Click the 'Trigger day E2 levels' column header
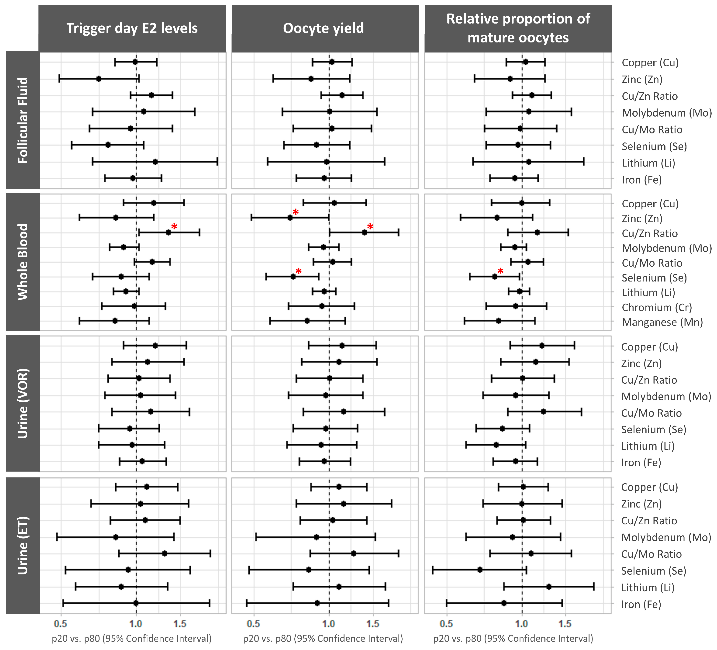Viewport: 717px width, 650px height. click(x=132, y=28)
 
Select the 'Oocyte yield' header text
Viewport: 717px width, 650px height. click(x=323, y=28)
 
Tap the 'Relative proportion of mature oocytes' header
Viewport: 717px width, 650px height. click(x=518, y=28)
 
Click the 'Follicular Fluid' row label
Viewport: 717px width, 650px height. click(x=23, y=120)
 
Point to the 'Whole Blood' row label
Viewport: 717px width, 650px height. click(x=23, y=262)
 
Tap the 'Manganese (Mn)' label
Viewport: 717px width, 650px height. click(x=662, y=322)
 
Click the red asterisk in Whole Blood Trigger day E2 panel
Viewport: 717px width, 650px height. click(x=174, y=227)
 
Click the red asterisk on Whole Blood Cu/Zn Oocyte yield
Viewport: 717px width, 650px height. click(x=370, y=227)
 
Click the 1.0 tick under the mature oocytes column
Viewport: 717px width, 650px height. click(x=521, y=624)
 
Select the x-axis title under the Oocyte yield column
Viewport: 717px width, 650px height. click(x=323, y=639)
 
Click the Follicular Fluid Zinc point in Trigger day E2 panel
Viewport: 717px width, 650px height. click(x=99, y=79)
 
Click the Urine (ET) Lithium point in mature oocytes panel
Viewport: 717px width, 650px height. click(x=549, y=587)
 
